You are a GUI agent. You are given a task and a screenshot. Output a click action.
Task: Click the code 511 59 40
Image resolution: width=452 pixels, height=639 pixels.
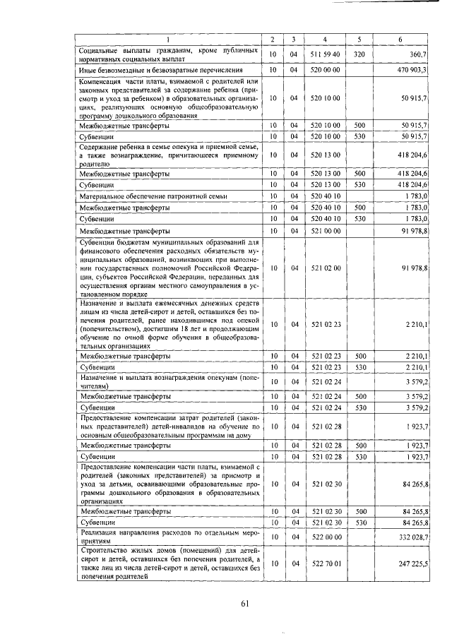tap(325, 54)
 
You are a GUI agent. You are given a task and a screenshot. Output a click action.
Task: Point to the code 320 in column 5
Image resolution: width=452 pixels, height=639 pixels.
tap(359, 54)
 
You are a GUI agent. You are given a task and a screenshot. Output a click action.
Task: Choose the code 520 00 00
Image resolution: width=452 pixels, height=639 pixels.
tap(325, 71)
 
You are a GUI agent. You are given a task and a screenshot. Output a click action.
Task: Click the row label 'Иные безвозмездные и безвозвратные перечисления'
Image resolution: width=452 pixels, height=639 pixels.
tap(162, 71)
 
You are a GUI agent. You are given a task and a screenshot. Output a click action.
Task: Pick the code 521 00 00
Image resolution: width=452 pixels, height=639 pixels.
tap(325, 230)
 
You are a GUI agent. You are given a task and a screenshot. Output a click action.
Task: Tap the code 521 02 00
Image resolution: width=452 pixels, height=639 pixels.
tap(325, 268)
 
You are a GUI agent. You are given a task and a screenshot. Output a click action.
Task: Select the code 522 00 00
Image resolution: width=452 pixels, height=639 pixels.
tap(325, 537)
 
